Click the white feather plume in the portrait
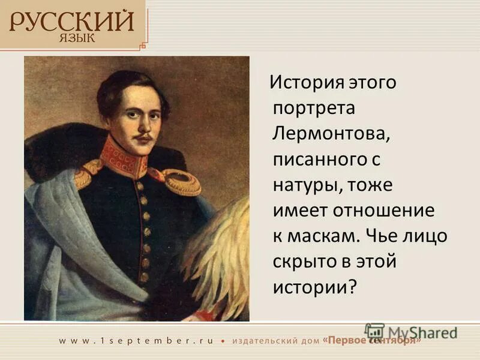pos(222,252)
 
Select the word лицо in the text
pos(426,236)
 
